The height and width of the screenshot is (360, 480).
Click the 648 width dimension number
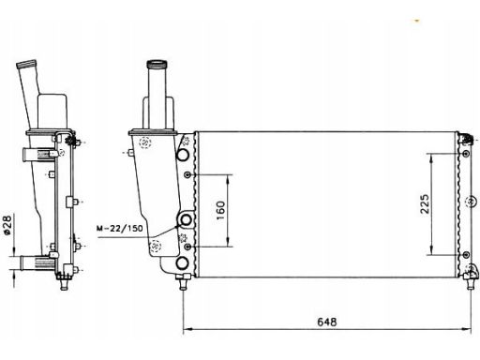(327, 322)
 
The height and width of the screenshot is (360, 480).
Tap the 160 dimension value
(220, 210)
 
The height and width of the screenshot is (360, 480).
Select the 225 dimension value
(425, 204)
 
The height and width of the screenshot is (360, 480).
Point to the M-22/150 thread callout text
(120, 228)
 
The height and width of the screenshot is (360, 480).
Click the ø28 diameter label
(7, 224)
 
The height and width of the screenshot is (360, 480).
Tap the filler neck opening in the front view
(157, 65)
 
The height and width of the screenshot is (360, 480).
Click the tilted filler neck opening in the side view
(26, 64)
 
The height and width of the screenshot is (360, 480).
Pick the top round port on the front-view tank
(183, 155)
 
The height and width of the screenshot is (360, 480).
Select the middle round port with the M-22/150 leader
(186, 219)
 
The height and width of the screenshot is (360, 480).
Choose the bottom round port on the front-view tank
(182, 263)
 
